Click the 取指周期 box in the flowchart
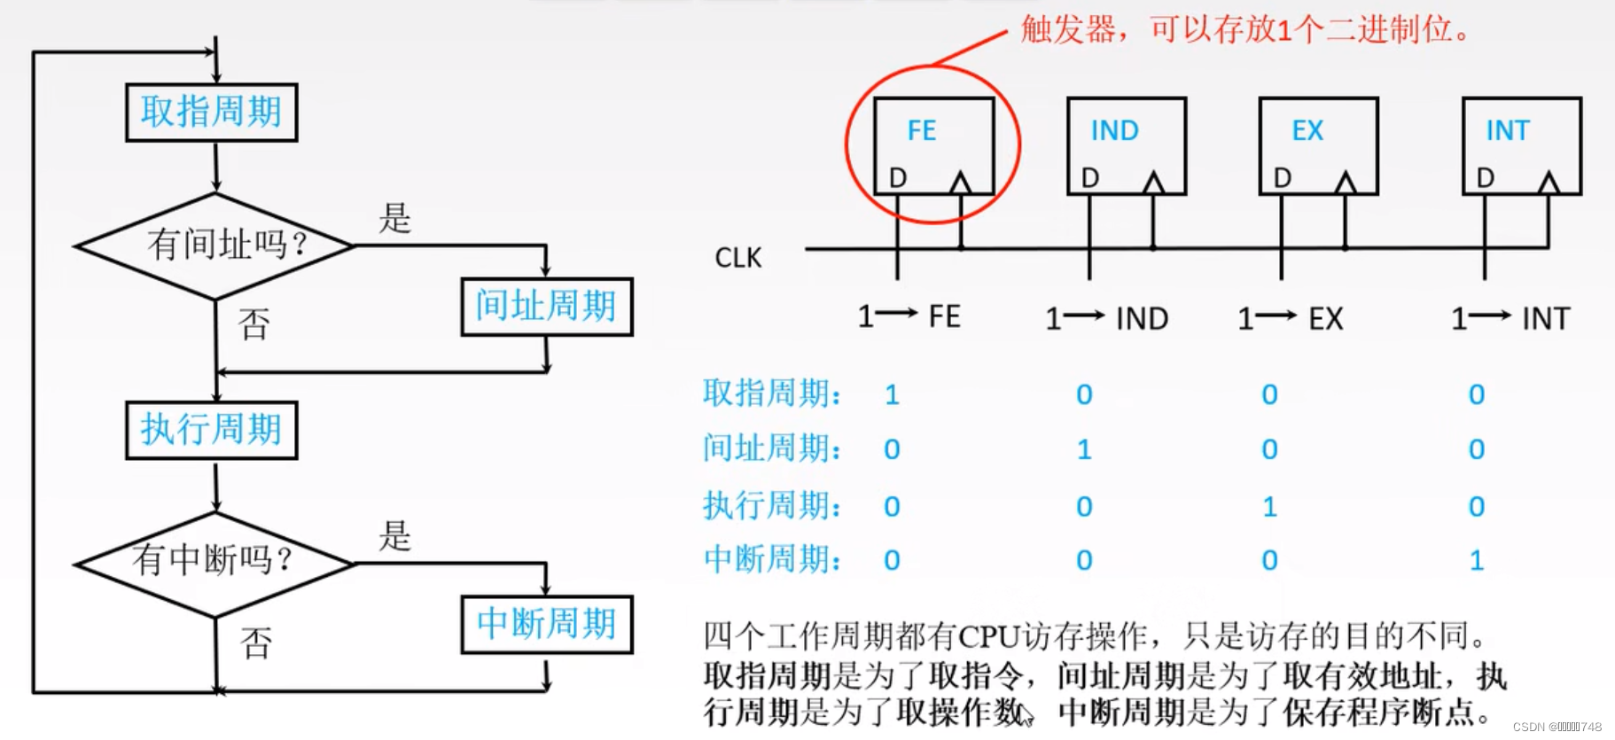click(x=212, y=113)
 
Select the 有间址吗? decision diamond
click(x=215, y=245)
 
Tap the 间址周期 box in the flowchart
click(x=546, y=307)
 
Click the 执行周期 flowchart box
click(x=212, y=430)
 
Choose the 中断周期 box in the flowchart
click(x=546, y=624)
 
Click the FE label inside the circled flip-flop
click(x=922, y=131)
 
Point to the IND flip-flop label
click(x=1114, y=131)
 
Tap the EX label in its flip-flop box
click(x=1307, y=131)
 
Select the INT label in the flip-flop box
click(x=1508, y=131)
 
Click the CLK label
click(x=738, y=258)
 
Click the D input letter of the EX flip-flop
click(x=1283, y=179)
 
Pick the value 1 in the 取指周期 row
click(x=892, y=394)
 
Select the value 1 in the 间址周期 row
click(x=1084, y=450)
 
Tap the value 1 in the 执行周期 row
click(x=1269, y=507)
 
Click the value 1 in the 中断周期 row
click(x=1476, y=560)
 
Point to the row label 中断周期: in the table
click(x=771, y=560)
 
